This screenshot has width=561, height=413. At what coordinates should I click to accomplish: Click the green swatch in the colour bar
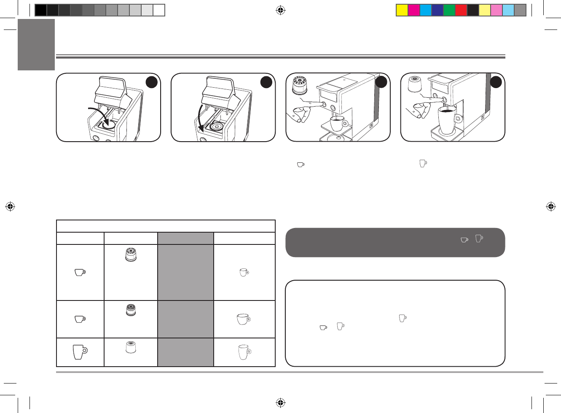point(449,10)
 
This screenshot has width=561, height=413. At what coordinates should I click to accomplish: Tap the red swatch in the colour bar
point(461,10)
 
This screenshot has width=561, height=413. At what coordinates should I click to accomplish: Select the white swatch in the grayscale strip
point(159,10)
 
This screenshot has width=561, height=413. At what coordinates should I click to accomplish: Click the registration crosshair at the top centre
point(280,10)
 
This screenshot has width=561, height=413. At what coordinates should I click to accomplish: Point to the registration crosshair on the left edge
point(11,206)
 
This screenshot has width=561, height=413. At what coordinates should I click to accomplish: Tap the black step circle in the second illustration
point(266,83)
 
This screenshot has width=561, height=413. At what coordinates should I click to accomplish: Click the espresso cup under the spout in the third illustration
point(337,123)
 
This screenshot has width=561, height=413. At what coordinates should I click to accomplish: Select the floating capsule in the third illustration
point(300,86)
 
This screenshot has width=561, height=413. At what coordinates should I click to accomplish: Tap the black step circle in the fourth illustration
point(496,83)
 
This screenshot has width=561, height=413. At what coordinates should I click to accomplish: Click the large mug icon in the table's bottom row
point(80,351)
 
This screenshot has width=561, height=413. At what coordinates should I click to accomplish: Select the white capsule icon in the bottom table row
point(131,347)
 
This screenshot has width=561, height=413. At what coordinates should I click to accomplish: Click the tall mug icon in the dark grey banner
point(479,239)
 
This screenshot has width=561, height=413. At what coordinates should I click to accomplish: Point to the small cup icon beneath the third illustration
point(301,165)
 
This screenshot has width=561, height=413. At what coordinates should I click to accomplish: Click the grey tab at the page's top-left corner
point(36,45)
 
